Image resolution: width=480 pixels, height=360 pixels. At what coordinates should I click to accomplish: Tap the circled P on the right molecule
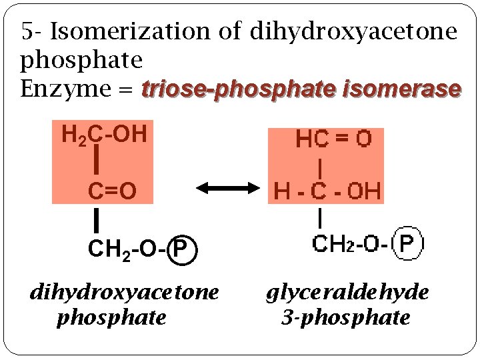411,243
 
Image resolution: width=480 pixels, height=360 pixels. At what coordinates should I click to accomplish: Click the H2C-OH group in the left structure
104,135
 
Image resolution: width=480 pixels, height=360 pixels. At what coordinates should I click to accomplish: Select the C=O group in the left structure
113,191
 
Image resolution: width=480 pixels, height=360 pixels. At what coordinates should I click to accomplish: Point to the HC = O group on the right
333,139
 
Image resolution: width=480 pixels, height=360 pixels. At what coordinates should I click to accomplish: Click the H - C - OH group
327,192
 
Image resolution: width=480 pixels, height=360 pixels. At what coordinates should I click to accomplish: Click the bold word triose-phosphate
240,88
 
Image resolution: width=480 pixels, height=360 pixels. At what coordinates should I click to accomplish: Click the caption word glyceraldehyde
347,293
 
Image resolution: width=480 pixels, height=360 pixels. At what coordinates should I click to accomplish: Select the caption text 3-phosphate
345,318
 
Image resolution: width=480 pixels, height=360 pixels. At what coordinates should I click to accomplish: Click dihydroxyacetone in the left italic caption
124,293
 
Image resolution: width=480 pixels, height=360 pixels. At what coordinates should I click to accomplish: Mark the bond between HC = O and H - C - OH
322,165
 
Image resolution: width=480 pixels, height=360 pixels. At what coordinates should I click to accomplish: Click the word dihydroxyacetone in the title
353,31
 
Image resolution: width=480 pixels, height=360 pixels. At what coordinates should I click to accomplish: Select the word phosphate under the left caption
111,318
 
